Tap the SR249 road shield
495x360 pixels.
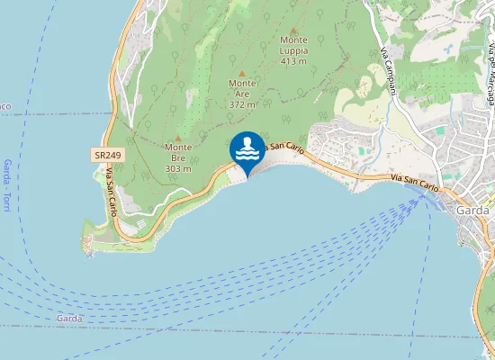tap(108, 156)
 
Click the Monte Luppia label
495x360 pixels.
tap(293, 45)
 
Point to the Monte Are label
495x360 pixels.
tap(242, 88)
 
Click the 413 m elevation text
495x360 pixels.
tap(293, 62)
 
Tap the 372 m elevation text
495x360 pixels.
tap(242, 104)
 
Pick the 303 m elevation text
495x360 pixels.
tap(178, 168)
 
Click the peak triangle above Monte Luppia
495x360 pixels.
tap(293, 30)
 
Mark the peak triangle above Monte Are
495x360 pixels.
tap(242, 73)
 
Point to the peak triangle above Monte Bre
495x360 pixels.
tap(178, 138)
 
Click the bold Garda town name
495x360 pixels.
tap(473, 211)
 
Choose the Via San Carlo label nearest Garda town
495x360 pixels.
tap(416, 182)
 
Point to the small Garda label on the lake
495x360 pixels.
tap(69, 319)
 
